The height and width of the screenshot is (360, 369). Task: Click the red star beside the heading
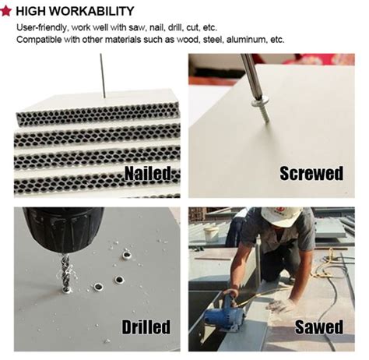pyautogui.click(x=5, y=11)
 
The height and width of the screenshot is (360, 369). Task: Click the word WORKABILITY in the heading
pyautogui.click(x=92, y=11)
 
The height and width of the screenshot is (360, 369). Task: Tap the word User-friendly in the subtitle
pyautogui.click(x=42, y=27)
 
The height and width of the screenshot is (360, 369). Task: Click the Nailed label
pyautogui.click(x=148, y=173)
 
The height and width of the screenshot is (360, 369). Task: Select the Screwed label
pyautogui.click(x=311, y=173)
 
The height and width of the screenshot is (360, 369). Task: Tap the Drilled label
pyautogui.click(x=146, y=326)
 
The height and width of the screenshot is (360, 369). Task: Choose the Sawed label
pyautogui.click(x=319, y=326)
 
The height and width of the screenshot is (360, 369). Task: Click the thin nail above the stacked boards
pyautogui.click(x=103, y=76)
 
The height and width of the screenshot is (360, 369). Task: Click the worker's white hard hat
pyautogui.click(x=281, y=217)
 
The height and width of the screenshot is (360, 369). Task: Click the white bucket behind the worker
pyautogui.click(x=211, y=234)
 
